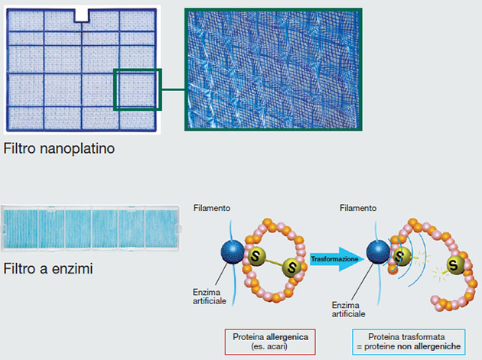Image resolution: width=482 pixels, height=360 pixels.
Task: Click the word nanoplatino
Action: (x=77, y=149)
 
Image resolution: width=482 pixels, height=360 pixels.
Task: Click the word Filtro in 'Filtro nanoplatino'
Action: (x=20, y=148)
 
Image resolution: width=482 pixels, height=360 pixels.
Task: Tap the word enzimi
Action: (x=72, y=268)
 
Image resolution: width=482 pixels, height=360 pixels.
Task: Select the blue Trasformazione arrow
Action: (x=337, y=259)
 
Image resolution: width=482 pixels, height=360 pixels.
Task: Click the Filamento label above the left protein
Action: (x=212, y=208)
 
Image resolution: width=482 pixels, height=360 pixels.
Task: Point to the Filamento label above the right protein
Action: (x=358, y=208)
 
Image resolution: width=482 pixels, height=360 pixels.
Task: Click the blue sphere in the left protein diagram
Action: (x=233, y=252)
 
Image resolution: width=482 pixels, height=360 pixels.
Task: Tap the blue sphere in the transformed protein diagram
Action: (x=378, y=252)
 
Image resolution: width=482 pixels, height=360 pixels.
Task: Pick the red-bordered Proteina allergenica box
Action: (x=270, y=342)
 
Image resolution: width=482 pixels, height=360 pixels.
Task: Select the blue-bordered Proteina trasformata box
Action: (x=409, y=342)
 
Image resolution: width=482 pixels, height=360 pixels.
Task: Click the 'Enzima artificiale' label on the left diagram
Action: (x=210, y=297)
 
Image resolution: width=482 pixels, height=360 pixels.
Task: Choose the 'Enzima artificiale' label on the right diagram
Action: (x=348, y=310)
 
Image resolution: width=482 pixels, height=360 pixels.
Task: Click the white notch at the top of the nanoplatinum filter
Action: (x=82, y=15)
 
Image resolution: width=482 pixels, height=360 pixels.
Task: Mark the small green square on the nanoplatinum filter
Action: (x=138, y=89)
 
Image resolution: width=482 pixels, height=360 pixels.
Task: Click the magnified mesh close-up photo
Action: (x=273, y=70)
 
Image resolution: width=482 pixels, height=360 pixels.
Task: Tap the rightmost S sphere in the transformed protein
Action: (x=454, y=264)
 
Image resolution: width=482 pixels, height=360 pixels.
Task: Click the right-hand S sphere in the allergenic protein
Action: (x=291, y=268)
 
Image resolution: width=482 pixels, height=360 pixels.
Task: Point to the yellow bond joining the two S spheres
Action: (x=273, y=261)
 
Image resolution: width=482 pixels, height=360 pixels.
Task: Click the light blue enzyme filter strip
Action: (x=91, y=229)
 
